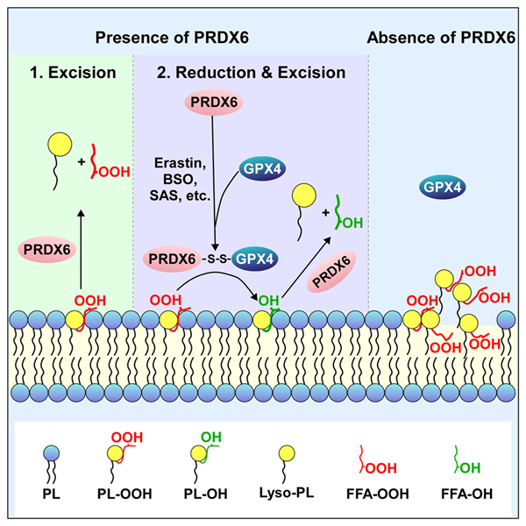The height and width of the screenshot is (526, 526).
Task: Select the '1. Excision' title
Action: click(74, 72)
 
